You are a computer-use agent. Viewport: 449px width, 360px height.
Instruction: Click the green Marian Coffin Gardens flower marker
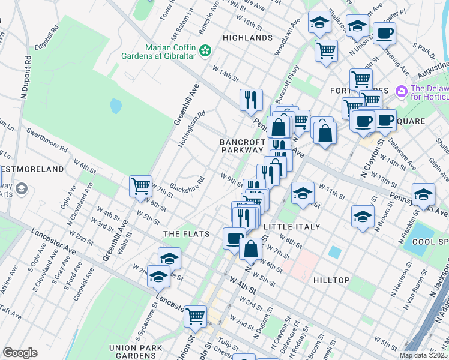point(206,51)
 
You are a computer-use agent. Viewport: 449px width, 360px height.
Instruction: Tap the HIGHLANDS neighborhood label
point(247,38)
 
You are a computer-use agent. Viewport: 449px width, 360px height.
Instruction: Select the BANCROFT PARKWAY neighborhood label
point(242,146)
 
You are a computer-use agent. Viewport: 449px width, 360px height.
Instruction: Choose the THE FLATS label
point(187,234)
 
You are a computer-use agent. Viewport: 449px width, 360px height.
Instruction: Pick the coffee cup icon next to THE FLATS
point(234,238)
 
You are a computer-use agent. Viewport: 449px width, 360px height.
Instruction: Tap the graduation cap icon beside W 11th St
point(303,192)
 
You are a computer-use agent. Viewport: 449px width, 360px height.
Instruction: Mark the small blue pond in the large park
point(116,106)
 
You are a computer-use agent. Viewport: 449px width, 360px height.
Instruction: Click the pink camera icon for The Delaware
point(401,91)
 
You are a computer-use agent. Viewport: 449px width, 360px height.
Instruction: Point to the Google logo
point(20,353)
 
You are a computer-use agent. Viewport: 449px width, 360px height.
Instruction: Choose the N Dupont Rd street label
point(27,79)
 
